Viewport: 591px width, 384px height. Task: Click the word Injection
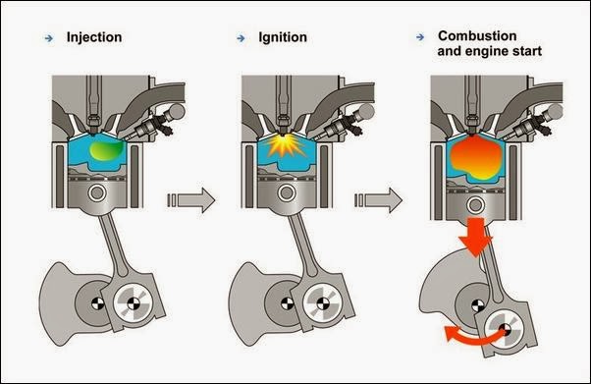click(94, 38)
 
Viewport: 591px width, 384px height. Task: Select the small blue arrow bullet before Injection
click(48, 38)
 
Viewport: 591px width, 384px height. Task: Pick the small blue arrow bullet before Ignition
click(241, 38)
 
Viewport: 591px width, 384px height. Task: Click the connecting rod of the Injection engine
click(114, 246)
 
